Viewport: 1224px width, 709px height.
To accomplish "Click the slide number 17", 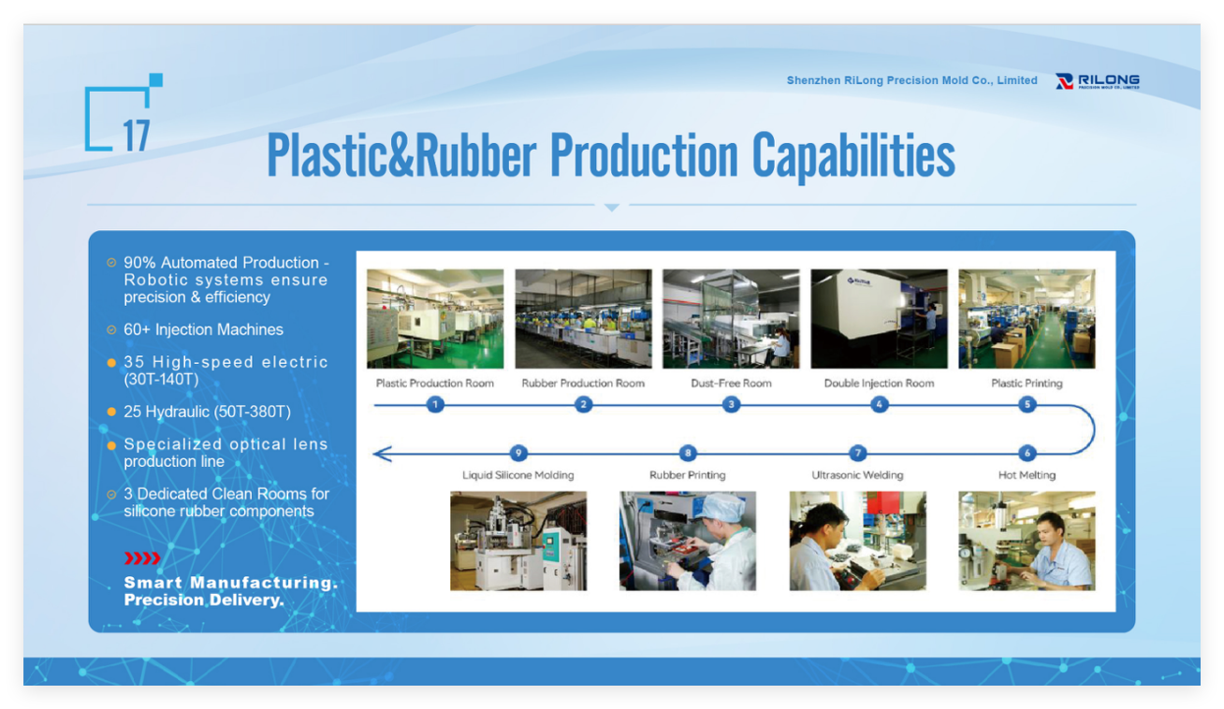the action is pos(137,136).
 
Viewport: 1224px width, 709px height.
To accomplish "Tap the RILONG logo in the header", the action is pos(1098,81).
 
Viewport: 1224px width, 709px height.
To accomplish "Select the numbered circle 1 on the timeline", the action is pos(435,405).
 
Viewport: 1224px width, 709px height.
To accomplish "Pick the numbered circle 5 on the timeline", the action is pos(1027,405).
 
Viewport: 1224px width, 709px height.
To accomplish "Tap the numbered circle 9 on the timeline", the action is pos(518,453).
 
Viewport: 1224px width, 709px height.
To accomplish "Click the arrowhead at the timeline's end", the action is pos(383,454).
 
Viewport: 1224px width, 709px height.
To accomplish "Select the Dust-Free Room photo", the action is pos(731,318).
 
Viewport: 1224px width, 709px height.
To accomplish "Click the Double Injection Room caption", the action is pos(880,383).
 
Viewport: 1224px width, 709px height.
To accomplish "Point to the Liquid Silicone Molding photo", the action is pos(518,541).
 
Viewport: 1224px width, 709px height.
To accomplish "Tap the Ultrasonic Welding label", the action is pos(857,475).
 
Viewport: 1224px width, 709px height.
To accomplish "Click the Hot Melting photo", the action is pos(1027,541).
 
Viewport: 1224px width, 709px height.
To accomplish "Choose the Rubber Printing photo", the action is pos(688,541).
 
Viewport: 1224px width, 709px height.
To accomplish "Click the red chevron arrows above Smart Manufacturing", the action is pos(142,558).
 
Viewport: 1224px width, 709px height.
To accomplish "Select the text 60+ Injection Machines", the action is pos(203,329).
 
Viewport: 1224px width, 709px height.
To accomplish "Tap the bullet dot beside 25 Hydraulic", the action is pos(111,412).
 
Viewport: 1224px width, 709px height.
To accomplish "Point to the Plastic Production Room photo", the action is pos(435,318).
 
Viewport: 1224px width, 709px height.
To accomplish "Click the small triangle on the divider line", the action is pos(612,208).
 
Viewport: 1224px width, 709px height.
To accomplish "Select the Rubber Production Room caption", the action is pos(583,383).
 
